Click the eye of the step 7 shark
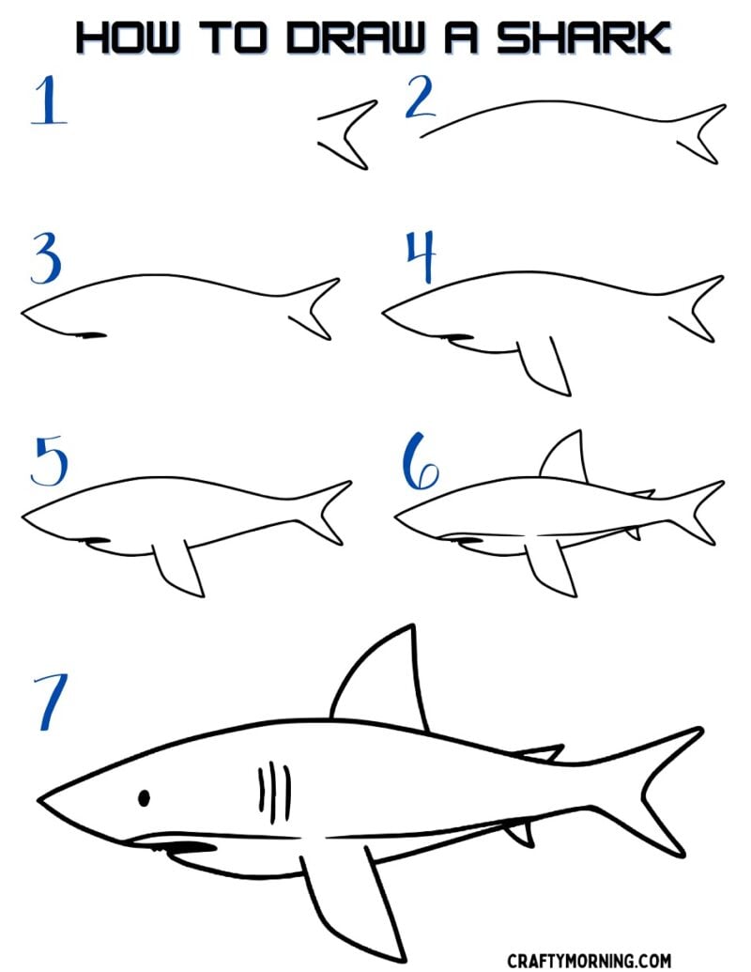pos(144,798)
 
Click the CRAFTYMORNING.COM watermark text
pos(589,961)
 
